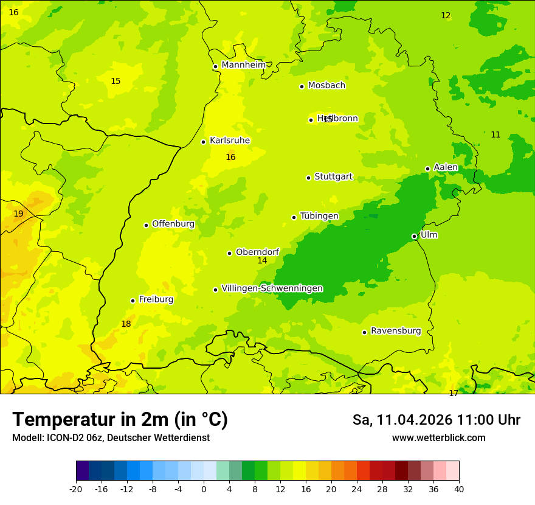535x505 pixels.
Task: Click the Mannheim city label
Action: [x=243, y=65]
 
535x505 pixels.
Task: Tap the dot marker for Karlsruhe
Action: [x=203, y=142]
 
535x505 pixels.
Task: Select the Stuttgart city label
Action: [x=333, y=177]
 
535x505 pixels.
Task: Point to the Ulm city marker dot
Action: [x=414, y=236]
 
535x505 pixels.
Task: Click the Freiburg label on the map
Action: [x=156, y=299]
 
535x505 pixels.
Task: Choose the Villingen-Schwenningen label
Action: [x=272, y=288]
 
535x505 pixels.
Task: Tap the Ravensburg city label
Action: [x=396, y=331]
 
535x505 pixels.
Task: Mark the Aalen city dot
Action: [x=427, y=169]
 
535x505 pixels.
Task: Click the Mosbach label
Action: [x=326, y=86]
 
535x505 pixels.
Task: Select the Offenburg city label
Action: [x=173, y=224]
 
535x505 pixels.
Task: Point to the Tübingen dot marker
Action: [x=294, y=217]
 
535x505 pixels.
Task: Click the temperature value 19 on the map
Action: [x=18, y=214]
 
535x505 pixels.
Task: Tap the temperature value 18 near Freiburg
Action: [x=126, y=324]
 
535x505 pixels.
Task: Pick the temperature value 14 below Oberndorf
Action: [x=262, y=260]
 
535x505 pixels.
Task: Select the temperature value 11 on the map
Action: [x=495, y=134]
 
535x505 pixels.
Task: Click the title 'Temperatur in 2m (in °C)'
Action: [x=120, y=419]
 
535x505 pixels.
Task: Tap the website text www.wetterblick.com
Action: [x=438, y=437]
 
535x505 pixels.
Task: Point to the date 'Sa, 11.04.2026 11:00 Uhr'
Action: [x=436, y=420]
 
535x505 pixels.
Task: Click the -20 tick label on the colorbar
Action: [x=76, y=489]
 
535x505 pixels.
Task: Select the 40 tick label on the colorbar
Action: [x=459, y=489]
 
